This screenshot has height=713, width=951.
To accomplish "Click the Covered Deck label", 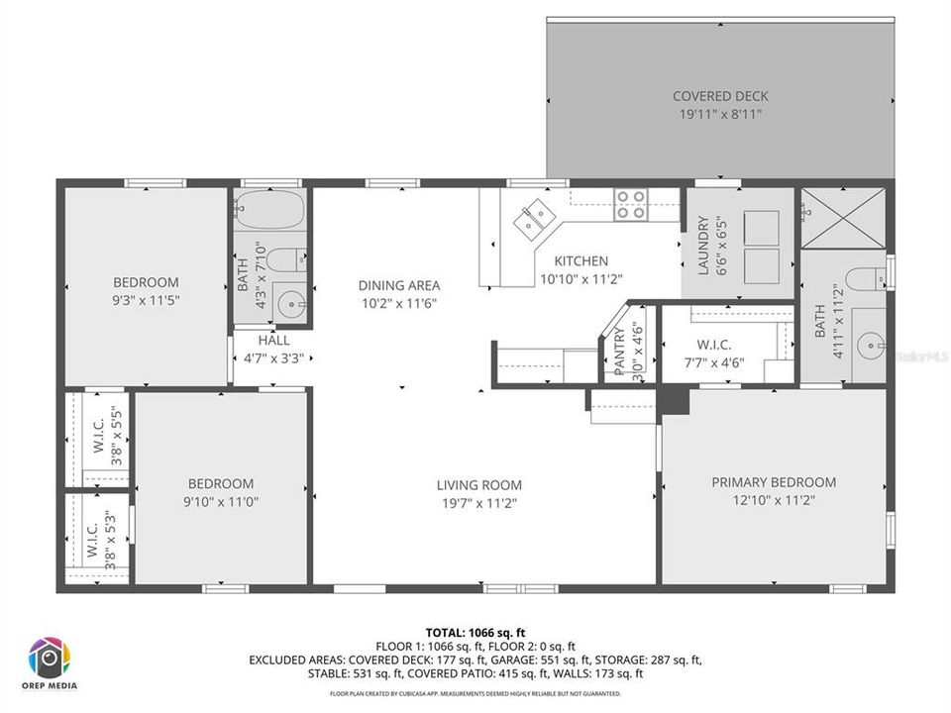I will click(x=720, y=96).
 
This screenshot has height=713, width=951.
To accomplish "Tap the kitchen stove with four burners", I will click(x=630, y=204).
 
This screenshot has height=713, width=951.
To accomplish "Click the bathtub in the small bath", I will click(x=269, y=210).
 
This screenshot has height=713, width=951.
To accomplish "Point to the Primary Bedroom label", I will click(x=774, y=482).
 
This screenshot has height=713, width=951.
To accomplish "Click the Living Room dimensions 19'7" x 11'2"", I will click(x=478, y=503).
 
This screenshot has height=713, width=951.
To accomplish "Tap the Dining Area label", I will click(x=398, y=286).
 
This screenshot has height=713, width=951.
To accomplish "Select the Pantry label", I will click(x=619, y=352).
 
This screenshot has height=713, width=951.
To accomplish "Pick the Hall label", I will click(x=273, y=340).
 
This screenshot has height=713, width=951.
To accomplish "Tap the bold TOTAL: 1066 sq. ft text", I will click(x=475, y=631).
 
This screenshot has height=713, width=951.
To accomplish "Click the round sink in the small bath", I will click(x=290, y=304).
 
